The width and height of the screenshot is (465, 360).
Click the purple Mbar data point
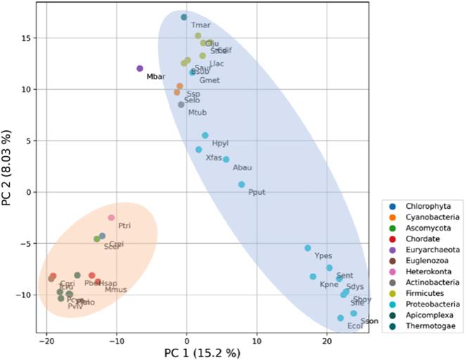[140, 69]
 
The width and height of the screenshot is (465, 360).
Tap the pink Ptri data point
[111, 218]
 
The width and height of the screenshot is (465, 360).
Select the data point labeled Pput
[241, 184]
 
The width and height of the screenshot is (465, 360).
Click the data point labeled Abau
[226, 160]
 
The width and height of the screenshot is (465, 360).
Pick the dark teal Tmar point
[184, 18]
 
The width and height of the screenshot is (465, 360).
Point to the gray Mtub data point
[181, 105]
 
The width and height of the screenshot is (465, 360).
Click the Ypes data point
[307, 248]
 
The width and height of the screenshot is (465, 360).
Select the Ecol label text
[355, 326]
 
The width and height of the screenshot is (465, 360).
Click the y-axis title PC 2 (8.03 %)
[8, 165]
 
